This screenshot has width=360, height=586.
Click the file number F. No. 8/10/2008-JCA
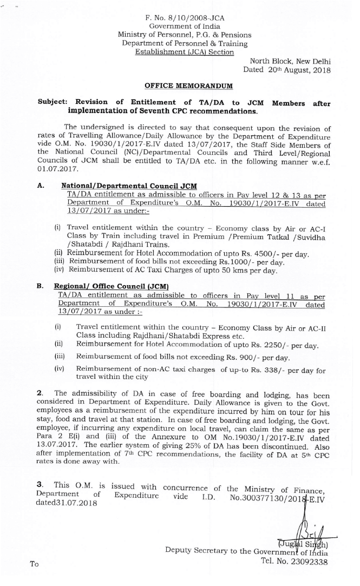coord(185,18)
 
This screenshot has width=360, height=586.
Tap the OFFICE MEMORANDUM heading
coord(189,85)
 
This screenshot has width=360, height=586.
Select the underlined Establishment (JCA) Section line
coord(185,52)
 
